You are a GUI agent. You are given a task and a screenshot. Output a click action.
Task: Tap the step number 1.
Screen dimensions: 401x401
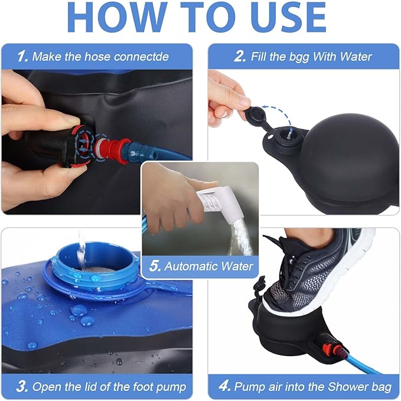coord(22,57)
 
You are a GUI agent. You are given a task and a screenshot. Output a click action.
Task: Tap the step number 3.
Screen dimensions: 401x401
coord(22,387)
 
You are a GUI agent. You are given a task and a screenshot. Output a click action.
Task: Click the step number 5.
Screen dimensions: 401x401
coord(155,266)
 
